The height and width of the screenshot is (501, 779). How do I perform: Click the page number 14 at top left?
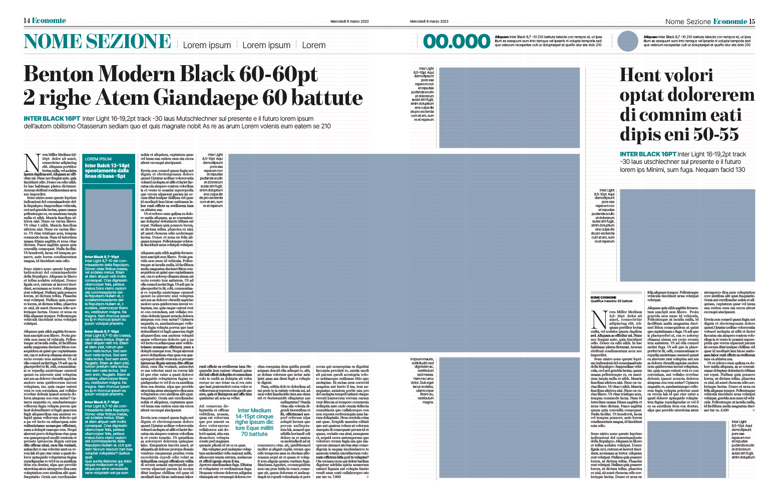[27, 21]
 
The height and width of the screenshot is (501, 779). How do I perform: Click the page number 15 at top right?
[752, 21]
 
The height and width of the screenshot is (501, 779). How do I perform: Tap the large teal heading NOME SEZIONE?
[98, 42]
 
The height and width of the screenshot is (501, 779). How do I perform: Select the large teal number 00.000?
[457, 42]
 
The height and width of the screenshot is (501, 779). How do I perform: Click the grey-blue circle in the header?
[628, 41]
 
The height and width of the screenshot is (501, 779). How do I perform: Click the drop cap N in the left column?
[32, 163]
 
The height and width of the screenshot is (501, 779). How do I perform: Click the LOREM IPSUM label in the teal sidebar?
[98, 159]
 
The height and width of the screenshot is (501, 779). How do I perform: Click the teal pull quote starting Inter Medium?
[254, 422]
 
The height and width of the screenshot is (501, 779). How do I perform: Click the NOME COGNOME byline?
[603, 298]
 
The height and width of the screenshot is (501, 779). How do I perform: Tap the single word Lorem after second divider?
[314, 45]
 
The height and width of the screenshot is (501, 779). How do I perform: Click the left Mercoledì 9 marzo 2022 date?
[349, 21]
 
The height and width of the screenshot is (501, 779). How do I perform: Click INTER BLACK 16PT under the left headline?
[52, 119]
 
